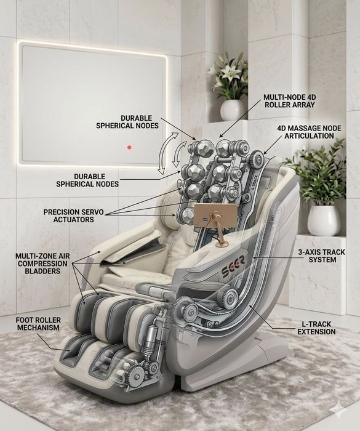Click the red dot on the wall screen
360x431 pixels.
129,147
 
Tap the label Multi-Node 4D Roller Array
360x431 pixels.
289,101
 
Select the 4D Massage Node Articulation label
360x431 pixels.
309,132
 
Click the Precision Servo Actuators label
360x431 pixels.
74,216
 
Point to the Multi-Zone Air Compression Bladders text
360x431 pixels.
42,264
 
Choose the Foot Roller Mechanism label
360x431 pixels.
38,324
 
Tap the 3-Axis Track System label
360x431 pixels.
322,256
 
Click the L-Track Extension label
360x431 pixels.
316,328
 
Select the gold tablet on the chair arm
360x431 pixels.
215,216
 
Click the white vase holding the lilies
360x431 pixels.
231,110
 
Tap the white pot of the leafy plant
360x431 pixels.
324,220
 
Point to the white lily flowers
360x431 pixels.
228,73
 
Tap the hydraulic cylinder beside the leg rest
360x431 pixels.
150,339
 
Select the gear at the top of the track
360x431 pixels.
257,158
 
